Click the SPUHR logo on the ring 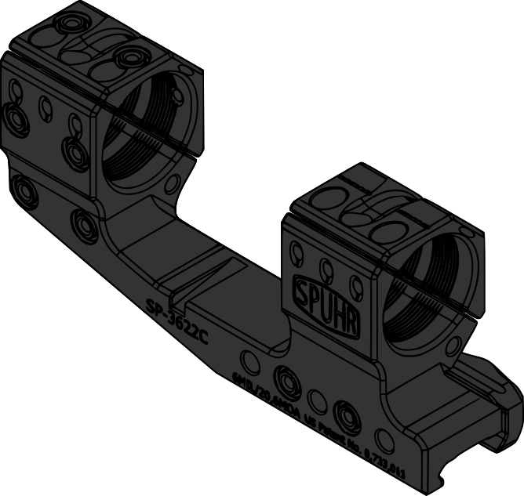[326, 304]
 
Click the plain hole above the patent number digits [384, 436]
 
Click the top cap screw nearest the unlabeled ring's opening [127, 56]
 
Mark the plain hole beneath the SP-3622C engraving [250, 361]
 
